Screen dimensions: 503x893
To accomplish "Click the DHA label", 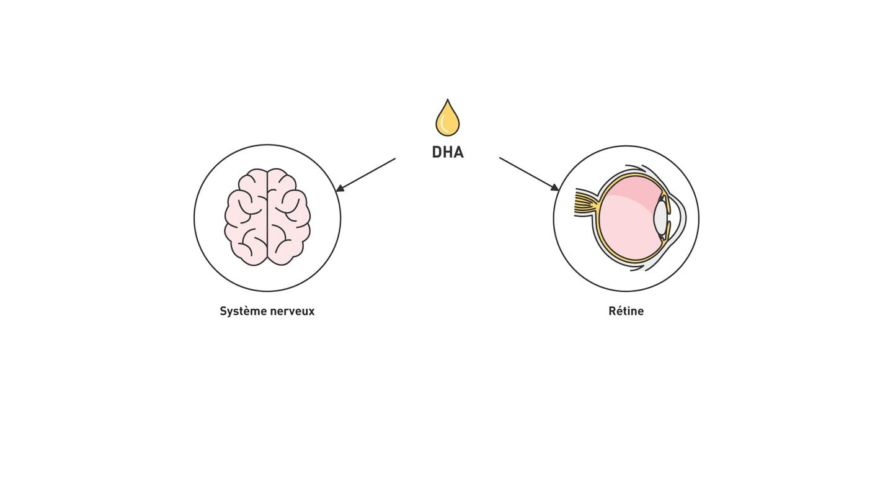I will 447,152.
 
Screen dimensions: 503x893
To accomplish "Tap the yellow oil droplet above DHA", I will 448,120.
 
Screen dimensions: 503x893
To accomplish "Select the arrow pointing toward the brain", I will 366,174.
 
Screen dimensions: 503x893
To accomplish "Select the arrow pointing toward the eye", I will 528,174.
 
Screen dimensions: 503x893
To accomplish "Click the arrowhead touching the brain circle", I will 339,188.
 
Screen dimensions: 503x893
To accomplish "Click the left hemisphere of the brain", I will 246,217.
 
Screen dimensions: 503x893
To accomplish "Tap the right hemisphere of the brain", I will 288,217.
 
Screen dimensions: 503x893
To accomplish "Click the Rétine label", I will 626,311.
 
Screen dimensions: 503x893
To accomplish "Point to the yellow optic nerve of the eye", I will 585,202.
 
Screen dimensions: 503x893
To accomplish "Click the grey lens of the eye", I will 660,218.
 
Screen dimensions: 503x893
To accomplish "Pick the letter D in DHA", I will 437,152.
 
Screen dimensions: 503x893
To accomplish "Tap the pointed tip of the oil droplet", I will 448,101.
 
